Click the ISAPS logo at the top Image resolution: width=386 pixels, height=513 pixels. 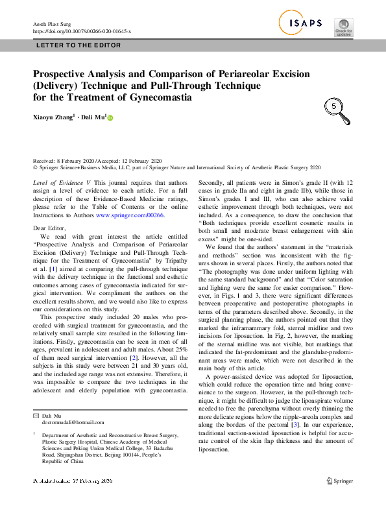point(302,24)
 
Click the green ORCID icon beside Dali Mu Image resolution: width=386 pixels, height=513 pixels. point(110,118)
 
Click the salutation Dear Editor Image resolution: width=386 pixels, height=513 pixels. point(49,228)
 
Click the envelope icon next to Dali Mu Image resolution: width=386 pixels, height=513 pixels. point(36,414)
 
